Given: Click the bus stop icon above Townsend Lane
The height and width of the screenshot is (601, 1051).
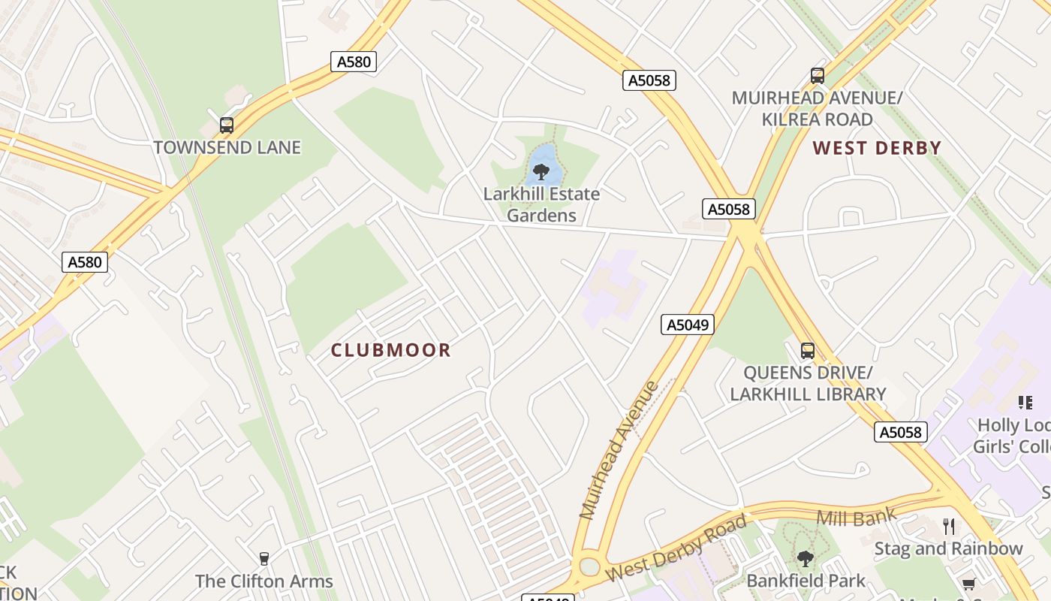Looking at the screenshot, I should pyautogui.click(x=227, y=125).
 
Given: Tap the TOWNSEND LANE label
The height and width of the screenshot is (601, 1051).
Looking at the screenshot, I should pyautogui.click(x=227, y=147).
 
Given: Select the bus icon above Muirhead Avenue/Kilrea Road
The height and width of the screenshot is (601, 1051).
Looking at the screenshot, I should pyautogui.click(x=818, y=76).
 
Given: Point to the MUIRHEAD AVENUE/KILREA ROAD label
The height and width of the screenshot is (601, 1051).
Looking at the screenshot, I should pyautogui.click(x=817, y=109).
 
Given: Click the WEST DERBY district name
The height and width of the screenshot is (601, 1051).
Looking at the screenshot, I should pyautogui.click(x=877, y=148).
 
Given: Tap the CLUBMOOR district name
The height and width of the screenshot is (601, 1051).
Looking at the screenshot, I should pyautogui.click(x=391, y=350).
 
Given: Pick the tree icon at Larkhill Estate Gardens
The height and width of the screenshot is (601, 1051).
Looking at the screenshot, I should pyautogui.click(x=541, y=172).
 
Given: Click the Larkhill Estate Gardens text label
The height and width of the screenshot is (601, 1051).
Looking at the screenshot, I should pyautogui.click(x=541, y=204).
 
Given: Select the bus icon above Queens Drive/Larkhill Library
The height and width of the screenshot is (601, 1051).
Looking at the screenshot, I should pyautogui.click(x=808, y=350).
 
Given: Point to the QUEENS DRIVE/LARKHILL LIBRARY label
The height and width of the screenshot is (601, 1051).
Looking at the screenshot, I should pyautogui.click(x=808, y=383).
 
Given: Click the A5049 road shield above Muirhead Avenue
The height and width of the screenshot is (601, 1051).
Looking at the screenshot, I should pyautogui.click(x=688, y=325).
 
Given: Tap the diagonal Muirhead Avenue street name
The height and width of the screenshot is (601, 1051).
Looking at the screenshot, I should pyautogui.click(x=619, y=451).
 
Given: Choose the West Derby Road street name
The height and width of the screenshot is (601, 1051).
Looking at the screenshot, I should pyautogui.click(x=676, y=548).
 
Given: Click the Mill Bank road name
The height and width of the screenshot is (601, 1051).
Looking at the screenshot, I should pyautogui.click(x=856, y=517).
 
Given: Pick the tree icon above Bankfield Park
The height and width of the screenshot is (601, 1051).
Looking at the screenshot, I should pyautogui.click(x=806, y=558).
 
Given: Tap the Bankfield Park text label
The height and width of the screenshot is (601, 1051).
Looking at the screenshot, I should pyautogui.click(x=806, y=581).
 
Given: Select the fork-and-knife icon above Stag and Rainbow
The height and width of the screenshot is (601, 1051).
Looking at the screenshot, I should pyautogui.click(x=949, y=526).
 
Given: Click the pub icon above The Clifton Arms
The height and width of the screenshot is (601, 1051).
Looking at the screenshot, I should pyautogui.click(x=264, y=558).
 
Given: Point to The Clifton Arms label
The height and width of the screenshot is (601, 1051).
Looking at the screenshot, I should pyautogui.click(x=264, y=581).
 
